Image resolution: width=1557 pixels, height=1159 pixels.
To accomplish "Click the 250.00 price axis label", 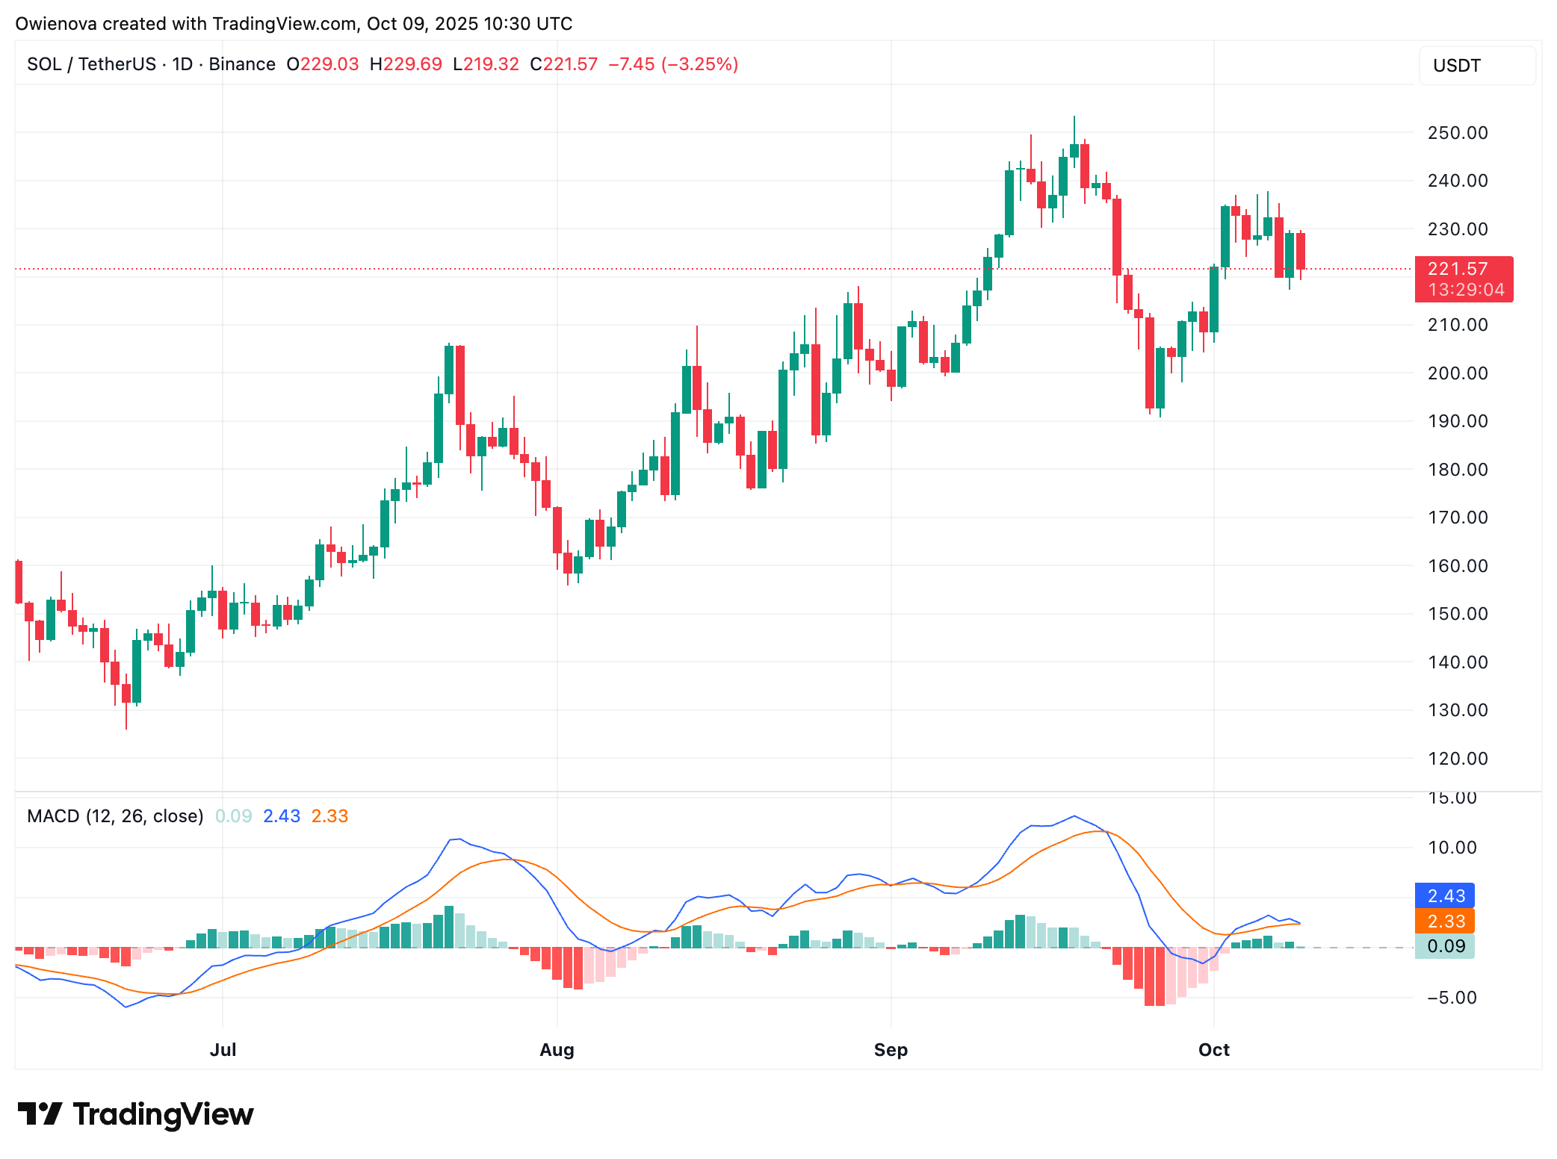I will point(1457,133).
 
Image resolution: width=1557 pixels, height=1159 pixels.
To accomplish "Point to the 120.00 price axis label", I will point(1457,759).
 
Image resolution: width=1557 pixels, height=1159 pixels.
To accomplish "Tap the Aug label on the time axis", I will point(557,1050).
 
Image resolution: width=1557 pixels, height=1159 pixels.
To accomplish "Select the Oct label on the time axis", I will point(1213,1050).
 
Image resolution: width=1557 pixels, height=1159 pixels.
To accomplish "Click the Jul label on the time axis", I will point(223,1050).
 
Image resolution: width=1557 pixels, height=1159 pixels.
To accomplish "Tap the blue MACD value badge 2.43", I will point(1445,896).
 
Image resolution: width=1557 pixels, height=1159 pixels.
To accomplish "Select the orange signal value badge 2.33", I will point(1445,922).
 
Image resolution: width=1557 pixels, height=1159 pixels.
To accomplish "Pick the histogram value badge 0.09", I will point(1445,947).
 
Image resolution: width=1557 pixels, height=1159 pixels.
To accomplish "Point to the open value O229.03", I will point(323,64).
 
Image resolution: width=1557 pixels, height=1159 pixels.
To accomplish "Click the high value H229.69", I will point(406,64).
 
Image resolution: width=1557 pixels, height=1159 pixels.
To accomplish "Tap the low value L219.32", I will point(486,64).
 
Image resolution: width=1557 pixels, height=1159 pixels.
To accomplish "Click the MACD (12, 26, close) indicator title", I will point(115,816).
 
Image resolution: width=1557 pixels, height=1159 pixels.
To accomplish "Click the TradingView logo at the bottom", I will point(135,1114).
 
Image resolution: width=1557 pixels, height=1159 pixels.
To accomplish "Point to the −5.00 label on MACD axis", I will point(1451,998).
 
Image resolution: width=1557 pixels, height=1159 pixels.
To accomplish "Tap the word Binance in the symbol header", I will point(242,64).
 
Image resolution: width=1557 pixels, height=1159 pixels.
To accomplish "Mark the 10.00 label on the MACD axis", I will point(1451,848).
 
